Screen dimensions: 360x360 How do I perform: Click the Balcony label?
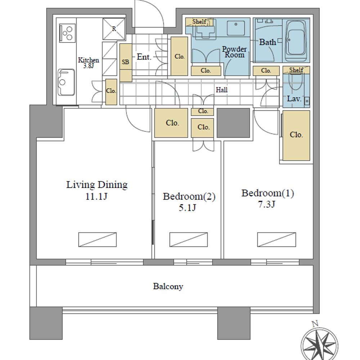[x=168, y=287]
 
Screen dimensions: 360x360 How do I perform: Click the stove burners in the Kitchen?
[x=67, y=33]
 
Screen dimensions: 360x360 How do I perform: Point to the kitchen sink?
[x=66, y=82]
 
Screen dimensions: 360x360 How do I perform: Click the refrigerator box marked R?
[x=114, y=29]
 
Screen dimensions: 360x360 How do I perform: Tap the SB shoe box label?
[x=125, y=62]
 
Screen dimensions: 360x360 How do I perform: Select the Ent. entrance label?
[x=144, y=57]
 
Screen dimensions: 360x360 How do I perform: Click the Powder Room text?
[x=234, y=52]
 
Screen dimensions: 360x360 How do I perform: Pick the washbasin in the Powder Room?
[x=236, y=28]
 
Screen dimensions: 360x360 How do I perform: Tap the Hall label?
[x=221, y=90]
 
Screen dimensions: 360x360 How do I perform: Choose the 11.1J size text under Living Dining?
[x=96, y=197]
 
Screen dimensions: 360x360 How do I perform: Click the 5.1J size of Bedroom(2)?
[x=187, y=208]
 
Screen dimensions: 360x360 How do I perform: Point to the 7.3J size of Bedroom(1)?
[x=266, y=204]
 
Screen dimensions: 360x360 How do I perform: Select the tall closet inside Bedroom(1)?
[x=296, y=135]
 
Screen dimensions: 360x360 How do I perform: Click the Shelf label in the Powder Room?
[x=199, y=22]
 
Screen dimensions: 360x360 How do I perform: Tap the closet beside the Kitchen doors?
[x=111, y=92]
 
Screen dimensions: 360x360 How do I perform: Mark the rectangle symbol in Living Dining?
[x=97, y=240]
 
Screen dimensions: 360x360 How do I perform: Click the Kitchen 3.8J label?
[x=89, y=63]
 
